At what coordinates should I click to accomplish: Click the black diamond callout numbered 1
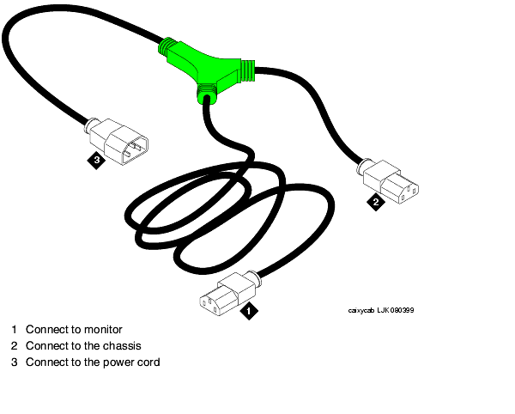[249, 311]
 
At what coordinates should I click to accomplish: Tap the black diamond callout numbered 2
[376, 202]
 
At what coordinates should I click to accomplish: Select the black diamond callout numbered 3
[96, 160]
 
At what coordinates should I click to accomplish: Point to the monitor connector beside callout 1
[230, 294]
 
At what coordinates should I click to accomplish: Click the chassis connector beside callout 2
[388, 181]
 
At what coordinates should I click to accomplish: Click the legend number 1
[14, 329]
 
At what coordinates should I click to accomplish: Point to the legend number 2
[14, 345]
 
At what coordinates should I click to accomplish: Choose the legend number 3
[14, 362]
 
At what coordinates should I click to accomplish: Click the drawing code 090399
[402, 310]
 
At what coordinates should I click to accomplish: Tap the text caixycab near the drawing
[361, 311]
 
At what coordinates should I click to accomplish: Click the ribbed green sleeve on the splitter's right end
[248, 70]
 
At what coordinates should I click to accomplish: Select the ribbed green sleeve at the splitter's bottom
[207, 94]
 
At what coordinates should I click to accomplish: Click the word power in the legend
[118, 362]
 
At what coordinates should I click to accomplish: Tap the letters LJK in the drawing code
[383, 310]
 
